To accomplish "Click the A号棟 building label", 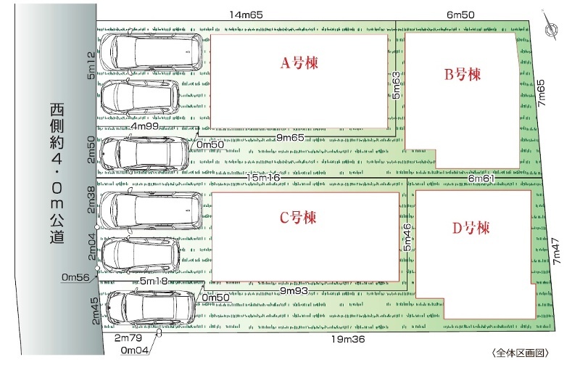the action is [299, 63].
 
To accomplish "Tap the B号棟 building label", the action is [463, 75].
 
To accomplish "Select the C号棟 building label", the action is [298, 217].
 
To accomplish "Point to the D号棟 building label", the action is [471, 228].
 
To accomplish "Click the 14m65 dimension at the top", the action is [246, 15].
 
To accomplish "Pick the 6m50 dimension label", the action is [460, 15].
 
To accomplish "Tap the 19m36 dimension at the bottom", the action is [348, 339].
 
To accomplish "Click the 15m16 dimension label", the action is [263, 178].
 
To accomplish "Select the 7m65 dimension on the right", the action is [541, 94].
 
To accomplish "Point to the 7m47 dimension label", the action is [556, 250].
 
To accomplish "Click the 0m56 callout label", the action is [75, 277].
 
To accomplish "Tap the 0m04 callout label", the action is [135, 350].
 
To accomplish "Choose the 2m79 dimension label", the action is [128, 338].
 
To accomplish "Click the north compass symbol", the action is [551, 27].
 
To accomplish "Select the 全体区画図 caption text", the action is [520, 353].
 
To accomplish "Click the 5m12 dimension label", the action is [91, 65].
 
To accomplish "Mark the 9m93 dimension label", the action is [294, 291].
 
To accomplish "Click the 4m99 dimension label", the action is [145, 126].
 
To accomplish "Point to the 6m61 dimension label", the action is [481, 179].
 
